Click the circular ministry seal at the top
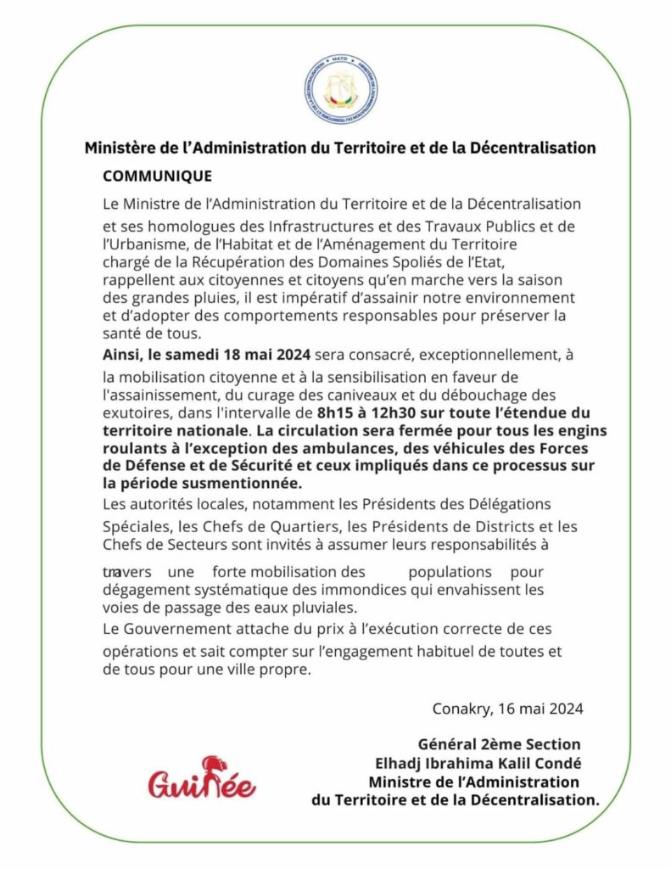[x=340, y=89]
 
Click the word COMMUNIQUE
[x=157, y=177]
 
